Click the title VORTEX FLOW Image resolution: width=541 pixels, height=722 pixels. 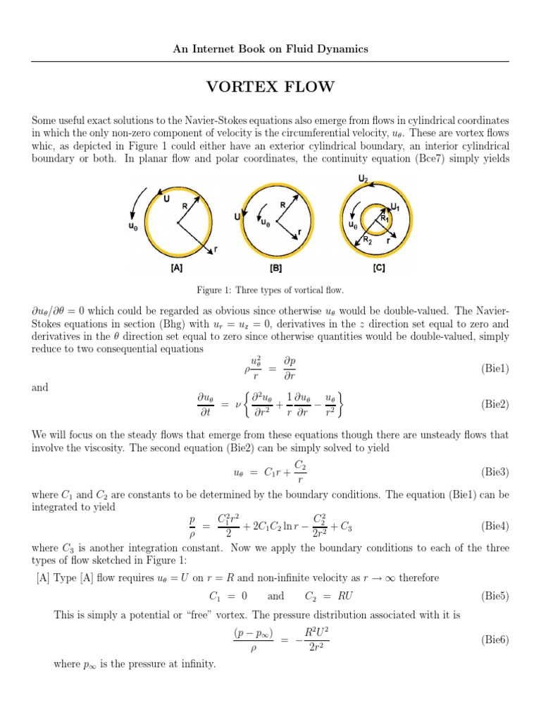[x=270, y=87]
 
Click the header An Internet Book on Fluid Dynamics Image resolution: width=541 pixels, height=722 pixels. [x=270, y=49]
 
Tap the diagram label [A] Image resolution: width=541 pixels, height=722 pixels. [x=176, y=268]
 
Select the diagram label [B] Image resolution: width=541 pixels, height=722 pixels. [x=276, y=268]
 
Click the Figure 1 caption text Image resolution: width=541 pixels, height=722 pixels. [x=270, y=290]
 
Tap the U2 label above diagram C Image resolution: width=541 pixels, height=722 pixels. [x=363, y=180]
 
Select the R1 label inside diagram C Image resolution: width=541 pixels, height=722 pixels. [x=385, y=219]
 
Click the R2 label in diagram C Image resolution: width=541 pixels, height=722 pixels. [x=367, y=240]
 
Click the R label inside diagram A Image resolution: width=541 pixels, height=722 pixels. [x=185, y=206]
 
